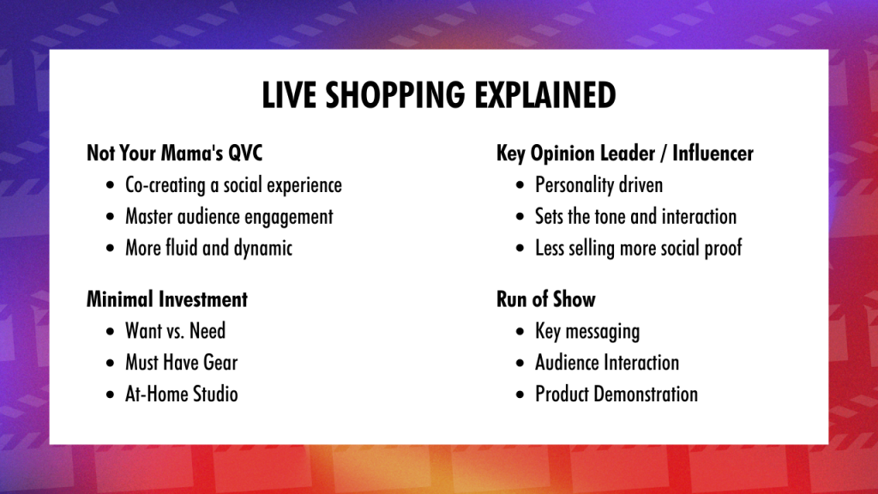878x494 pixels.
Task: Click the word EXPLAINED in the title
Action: (545, 94)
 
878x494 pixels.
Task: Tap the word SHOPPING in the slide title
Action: (394, 94)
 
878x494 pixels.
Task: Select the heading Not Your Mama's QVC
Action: (174, 153)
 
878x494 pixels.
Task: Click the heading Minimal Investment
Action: (167, 299)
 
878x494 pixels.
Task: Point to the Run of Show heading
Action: (546, 299)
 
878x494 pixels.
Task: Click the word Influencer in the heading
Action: (713, 153)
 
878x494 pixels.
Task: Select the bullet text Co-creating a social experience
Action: (233, 185)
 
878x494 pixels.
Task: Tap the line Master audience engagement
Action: (229, 217)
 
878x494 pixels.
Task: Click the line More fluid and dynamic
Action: (209, 248)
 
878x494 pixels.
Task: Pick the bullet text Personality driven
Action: (599, 185)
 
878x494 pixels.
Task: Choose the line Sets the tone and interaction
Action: (635, 216)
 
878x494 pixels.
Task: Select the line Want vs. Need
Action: (175, 330)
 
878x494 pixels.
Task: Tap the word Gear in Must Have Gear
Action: (220, 363)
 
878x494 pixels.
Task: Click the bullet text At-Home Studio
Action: (182, 394)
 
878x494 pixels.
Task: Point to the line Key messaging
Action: (587, 331)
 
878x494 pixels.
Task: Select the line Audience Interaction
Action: (607, 363)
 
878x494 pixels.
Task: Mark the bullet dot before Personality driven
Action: (520, 185)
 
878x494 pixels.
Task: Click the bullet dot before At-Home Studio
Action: (110, 395)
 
